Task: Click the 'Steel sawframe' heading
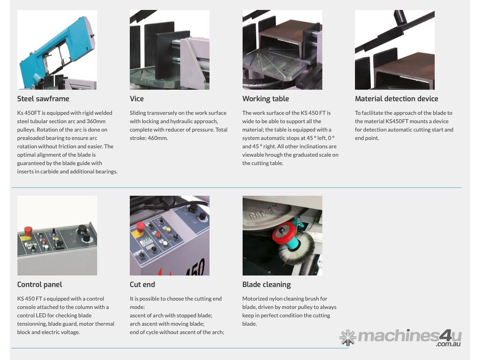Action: pos(43,98)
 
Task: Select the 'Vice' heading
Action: pos(136,98)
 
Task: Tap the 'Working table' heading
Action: pos(265,99)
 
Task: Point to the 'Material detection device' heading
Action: pos(397,98)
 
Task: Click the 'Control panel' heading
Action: pos(39,285)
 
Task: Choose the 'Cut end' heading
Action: pos(142,285)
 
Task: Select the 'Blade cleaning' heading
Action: pos(266,285)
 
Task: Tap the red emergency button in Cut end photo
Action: pos(140,227)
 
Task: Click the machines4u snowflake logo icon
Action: pos(348,337)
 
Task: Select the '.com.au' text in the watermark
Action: pos(448,344)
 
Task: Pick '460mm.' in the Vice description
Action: pos(157,138)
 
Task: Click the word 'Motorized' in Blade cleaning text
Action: pos(255,299)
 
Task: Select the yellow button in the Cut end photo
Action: pos(168,229)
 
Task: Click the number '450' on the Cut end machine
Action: pos(196,268)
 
